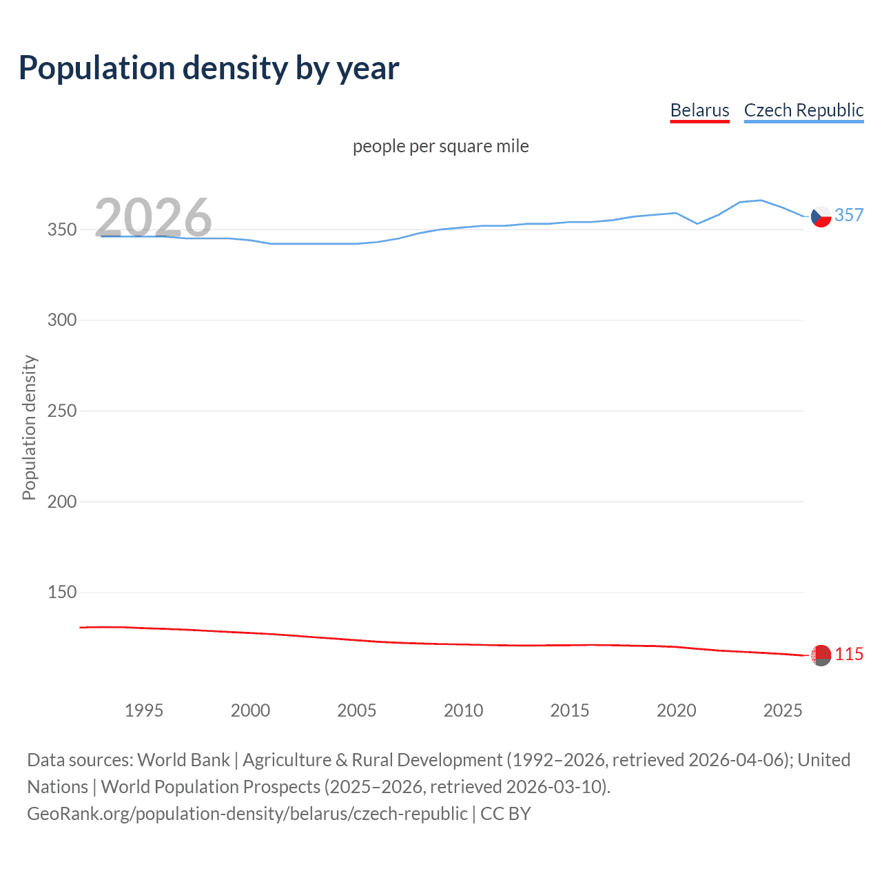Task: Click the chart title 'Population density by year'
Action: [x=209, y=68]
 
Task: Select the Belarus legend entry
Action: [x=699, y=110]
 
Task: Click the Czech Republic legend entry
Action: [x=803, y=110]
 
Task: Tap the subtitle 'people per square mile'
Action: [x=440, y=146]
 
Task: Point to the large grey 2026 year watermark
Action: [x=153, y=218]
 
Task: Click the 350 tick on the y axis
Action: [x=61, y=229]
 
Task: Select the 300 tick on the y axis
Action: [x=61, y=320]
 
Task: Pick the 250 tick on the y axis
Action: [x=61, y=411]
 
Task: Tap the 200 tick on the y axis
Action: [x=61, y=502]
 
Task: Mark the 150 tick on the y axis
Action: [x=61, y=592]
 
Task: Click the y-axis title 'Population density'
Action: [x=29, y=427]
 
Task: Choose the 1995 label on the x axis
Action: [x=143, y=710]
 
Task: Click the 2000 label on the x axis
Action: [x=250, y=710]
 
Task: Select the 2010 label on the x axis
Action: [x=463, y=710]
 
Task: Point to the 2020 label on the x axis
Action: [x=676, y=710]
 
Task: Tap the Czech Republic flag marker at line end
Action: [x=821, y=216]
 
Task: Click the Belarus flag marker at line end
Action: [x=821, y=655]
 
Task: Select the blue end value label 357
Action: [x=849, y=215]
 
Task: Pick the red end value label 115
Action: [x=849, y=654]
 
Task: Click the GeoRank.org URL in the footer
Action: [x=247, y=814]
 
